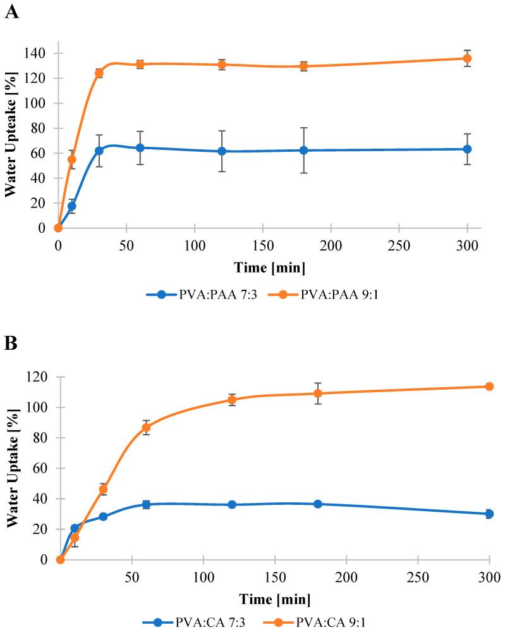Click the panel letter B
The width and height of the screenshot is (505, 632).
11,344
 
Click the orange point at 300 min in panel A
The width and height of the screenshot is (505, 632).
467,58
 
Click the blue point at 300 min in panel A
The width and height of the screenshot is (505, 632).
467,149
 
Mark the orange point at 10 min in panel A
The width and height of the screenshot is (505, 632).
71,159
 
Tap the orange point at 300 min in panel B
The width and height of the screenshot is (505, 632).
489,387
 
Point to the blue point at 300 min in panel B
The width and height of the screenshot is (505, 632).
489,514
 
